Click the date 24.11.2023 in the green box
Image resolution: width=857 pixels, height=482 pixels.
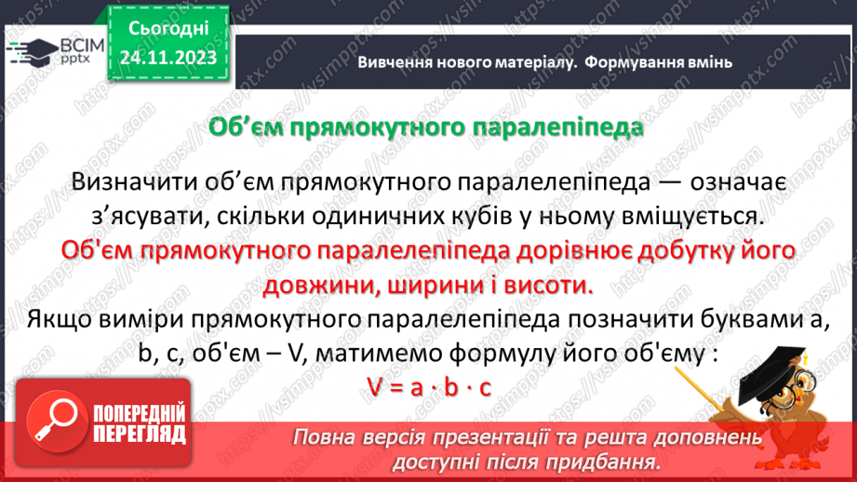coord(168,58)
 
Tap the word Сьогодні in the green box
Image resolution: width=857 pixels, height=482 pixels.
coord(168,29)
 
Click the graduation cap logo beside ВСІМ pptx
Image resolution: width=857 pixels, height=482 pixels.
coord(33,53)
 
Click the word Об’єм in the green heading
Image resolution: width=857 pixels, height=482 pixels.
coord(246,127)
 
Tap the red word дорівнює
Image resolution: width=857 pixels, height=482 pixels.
coord(568,251)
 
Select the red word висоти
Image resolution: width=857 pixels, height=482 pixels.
coord(548,286)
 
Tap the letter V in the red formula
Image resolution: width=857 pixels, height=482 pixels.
coord(374,387)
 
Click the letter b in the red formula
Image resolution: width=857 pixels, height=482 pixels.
coord(451,387)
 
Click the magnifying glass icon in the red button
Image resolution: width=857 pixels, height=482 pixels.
coord(56,422)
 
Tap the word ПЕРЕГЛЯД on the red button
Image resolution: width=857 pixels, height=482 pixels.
coord(140,435)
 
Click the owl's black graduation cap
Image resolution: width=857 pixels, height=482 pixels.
coord(770,373)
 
